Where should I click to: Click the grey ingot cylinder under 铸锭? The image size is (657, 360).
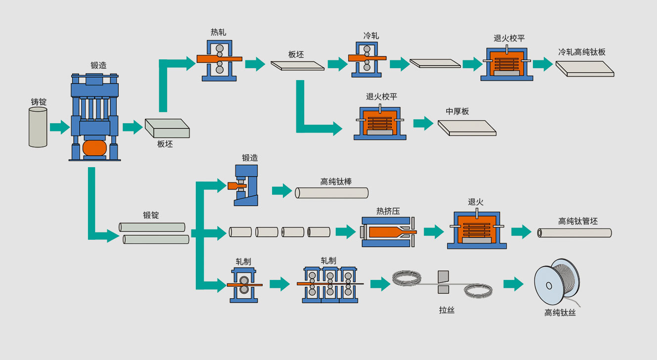[38, 127]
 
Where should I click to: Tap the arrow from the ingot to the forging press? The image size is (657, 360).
[59, 127]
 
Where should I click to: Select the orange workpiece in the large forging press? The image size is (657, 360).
[94, 147]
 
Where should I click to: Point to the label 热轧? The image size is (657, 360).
[218, 32]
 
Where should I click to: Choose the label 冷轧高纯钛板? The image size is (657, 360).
[582, 52]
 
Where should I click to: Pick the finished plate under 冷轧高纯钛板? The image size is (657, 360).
[585, 69]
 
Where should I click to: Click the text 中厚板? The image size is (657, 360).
[457, 111]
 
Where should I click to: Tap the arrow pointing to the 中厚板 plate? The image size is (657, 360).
[423, 123]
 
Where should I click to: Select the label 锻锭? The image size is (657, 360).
[151, 215]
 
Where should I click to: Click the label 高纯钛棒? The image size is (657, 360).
[336, 181]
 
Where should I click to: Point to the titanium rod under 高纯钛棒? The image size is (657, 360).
[331, 193]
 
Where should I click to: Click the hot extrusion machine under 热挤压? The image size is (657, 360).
[388, 232]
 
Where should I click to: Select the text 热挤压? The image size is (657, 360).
[388, 211]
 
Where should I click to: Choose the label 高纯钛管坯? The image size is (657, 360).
[578, 221]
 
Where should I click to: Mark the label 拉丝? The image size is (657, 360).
[446, 310]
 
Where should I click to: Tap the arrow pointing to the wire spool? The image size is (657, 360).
[513, 284]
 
